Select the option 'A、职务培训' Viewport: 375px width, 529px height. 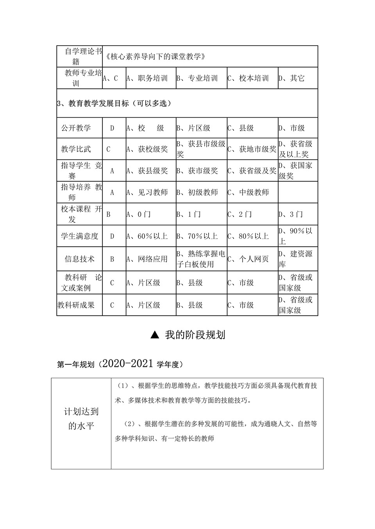[x=147, y=78]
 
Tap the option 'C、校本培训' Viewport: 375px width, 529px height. [x=248, y=78]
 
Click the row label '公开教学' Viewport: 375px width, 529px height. [x=76, y=128]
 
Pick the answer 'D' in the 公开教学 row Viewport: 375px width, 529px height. [x=112, y=128]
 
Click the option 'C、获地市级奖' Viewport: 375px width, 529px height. [x=252, y=149]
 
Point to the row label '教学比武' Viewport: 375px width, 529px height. [x=76, y=149]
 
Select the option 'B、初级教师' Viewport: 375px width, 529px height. [x=197, y=193]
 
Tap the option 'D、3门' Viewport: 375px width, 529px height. [x=291, y=214]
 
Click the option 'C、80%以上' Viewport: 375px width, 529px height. [x=248, y=236]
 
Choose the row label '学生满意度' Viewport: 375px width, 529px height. [x=80, y=236]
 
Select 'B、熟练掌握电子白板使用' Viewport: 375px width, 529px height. [x=201, y=259]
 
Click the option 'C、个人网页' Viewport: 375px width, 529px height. [x=248, y=259]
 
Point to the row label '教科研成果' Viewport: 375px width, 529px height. [x=76, y=305]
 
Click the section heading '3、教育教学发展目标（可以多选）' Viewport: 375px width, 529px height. [x=114, y=104]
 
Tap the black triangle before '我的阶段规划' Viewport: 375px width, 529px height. [x=155, y=335]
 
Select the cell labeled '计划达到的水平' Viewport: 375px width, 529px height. [x=81, y=419]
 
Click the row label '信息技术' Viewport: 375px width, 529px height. [x=80, y=259]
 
